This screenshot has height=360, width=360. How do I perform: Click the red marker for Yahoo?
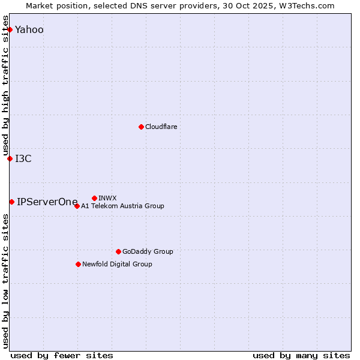(10, 29)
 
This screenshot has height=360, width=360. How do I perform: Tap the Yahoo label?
(29, 29)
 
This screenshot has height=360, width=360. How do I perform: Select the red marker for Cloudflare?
(141, 127)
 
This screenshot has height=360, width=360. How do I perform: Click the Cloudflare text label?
(161, 127)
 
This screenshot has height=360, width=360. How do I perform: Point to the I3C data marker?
(10, 158)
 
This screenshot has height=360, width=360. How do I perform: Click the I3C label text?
(23, 158)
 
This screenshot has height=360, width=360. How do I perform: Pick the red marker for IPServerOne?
(11, 202)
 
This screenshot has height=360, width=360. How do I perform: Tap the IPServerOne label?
(47, 202)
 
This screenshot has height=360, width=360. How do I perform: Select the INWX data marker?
(94, 198)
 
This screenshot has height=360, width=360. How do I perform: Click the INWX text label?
(107, 198)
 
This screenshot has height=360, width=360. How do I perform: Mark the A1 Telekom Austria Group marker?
(77, 206)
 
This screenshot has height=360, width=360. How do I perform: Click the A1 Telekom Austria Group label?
(122, 206)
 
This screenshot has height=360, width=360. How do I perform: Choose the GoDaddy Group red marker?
(118, 251)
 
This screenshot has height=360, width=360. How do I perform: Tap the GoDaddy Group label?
(148, 251)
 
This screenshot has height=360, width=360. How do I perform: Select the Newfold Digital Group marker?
(78, 264)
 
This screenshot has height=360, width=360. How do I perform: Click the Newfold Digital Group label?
(117, 264)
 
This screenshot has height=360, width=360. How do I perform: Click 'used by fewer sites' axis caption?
(62, 355)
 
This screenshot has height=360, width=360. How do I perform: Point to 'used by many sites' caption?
(301, 355)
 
